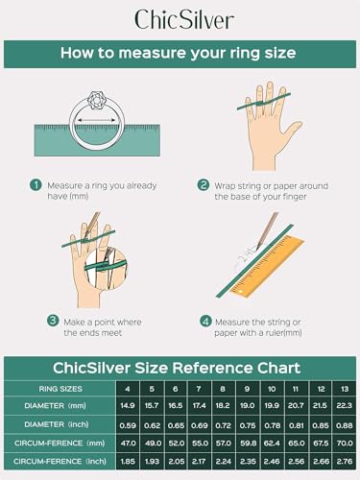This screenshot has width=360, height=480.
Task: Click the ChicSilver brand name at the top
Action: pos(180,18)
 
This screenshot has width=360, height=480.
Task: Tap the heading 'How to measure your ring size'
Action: pos(180,54)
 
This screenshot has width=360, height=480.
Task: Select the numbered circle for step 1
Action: pos(36,184)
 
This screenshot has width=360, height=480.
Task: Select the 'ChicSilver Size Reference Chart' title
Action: pos(180,368)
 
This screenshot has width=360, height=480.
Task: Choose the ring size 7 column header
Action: pos(197,389)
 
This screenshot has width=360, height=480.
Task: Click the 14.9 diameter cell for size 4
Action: pos(126,407)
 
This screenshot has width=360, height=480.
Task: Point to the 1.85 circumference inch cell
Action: pos(126,462)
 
